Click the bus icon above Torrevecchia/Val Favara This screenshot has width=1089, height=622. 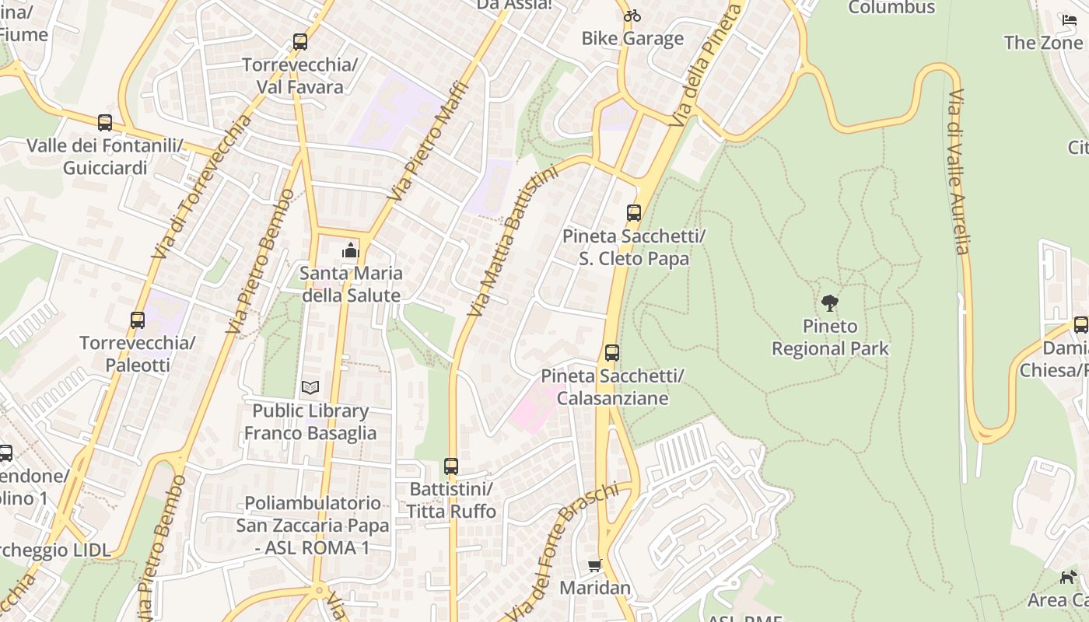(299, 42)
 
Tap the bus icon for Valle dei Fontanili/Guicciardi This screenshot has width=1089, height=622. (105, 123)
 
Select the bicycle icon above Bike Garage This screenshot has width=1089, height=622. (632, 16)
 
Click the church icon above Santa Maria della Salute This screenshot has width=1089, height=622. (351, 250)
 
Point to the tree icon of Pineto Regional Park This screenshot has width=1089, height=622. (830, 303)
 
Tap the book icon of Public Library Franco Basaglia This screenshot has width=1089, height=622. (310, 387)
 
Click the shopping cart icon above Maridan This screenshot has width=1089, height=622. (595, 565)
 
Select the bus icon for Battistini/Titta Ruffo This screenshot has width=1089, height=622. (451, 466)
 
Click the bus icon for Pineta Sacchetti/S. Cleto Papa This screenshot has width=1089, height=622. (634, 213)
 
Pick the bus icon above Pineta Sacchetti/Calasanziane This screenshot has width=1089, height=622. (612, 353)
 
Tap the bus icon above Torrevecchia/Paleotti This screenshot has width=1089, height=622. (138, 320)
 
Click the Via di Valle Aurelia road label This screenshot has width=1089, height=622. (958, 171)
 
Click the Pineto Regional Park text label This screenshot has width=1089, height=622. (830, 337)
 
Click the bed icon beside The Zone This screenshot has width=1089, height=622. (1069, 19)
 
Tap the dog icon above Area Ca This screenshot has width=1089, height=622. (1069, 577)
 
